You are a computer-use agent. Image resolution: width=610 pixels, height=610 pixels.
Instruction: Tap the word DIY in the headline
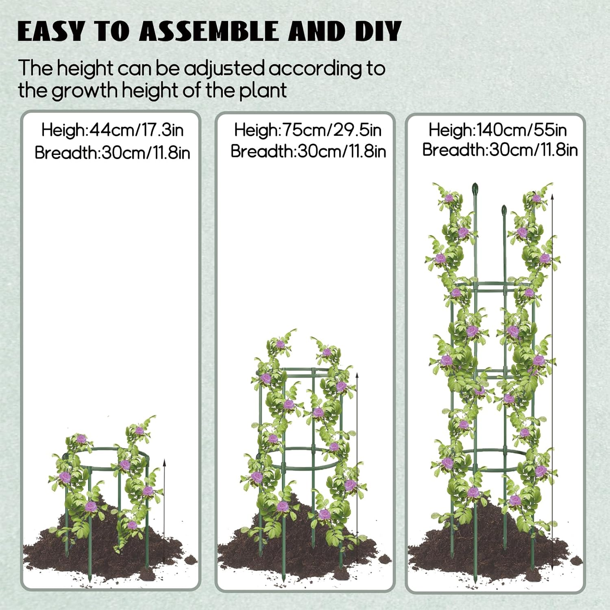click(378, 31)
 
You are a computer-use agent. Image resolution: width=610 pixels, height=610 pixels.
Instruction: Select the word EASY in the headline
click(51, 31)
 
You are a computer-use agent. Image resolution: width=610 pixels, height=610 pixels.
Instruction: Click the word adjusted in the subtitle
click(224, 69)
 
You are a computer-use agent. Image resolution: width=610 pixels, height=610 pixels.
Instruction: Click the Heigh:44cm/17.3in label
click(112, 130)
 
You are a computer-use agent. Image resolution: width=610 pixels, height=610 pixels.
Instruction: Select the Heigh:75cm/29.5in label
click(308, 130)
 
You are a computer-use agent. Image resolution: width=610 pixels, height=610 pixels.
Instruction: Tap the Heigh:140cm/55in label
click(497, 130)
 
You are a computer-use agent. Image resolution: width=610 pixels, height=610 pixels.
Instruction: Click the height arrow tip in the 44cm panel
click(164, 462)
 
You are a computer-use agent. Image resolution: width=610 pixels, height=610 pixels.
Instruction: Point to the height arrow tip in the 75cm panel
click(357, 375)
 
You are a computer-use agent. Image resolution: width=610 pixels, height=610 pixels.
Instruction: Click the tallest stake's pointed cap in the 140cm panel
click(475, 189)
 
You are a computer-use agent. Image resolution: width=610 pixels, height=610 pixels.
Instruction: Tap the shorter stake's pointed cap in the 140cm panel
click(504, 211)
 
